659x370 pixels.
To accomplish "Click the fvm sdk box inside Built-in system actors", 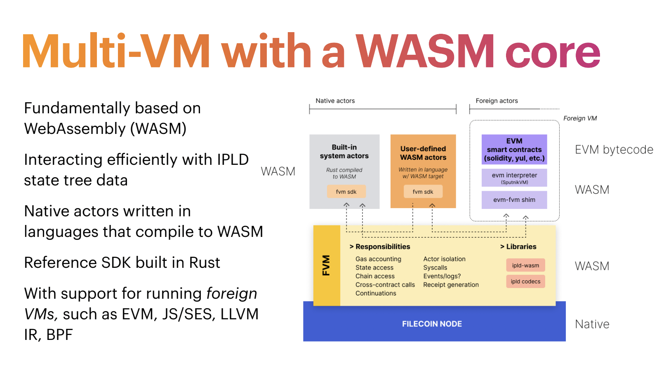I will pyautogui.click(x=346, y=192).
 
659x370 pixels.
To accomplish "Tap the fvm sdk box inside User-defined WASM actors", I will pyautogui.click(x=423, y=192).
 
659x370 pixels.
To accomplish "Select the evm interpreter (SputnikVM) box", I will pyautogui.click(x=514, y=178).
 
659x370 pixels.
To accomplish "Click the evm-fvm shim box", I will pyautogui.click(x=514, y=200).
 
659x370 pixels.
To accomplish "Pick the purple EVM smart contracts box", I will pyautogui.click(x=514, y=150).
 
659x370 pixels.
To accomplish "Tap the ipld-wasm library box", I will pyautogui.click(x=525, y=265).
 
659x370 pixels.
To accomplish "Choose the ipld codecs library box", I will pyautogui.click(x=525, y=281).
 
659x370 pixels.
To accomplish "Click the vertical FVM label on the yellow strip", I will pyautogui.click(x=326, y=265).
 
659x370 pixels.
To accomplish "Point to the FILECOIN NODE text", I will pyautogui.click(x=432, y=324).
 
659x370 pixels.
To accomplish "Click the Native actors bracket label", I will pyautogui.click(x=335, y=101).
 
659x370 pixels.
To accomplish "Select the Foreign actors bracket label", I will pyautogui.click(x=497, y=101).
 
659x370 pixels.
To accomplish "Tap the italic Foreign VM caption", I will pyautogui.click(x=580, y=118).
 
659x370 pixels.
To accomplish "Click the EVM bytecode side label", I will pyautogui.click(x=614, y=150).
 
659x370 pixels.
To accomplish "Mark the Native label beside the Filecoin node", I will pyautogui.click(x=592, y=324).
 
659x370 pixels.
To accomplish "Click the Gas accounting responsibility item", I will pyautogui.click(x=378, y=259).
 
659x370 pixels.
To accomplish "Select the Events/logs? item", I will pyautogui.click(x=442, y=276).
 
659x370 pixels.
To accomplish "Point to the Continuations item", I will pyautogui.click(x=376, y=293).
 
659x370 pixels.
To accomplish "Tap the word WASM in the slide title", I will pyautogui.click(x=425, y=52).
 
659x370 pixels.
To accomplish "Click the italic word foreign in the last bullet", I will pyautogui.click(x=231, y=293).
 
